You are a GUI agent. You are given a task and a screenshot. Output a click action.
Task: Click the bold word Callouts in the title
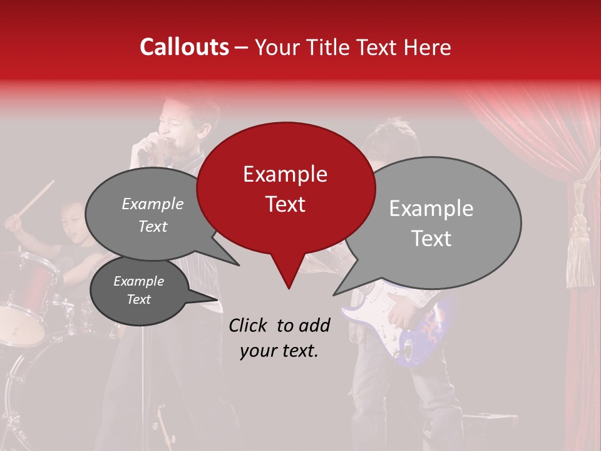[x=184, y=47]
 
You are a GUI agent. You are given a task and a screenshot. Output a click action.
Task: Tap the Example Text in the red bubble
[x=285, y=189]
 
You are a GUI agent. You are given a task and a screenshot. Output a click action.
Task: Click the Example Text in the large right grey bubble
[x=431, y=223]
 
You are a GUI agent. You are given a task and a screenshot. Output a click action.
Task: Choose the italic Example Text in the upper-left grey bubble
[x=153, y=215]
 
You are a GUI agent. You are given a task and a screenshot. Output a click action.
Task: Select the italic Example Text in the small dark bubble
[x=138, y=290]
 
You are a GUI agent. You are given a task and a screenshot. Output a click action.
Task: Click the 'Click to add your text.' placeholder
[x=279, y=338]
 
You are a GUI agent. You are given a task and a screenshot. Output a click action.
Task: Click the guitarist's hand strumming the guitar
[x=404, y=310]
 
